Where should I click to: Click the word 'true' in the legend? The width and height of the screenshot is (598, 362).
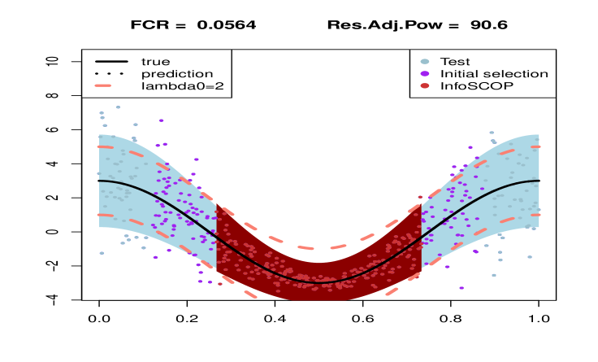pos(155,61)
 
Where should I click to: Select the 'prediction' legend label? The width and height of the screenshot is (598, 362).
pos(176,73)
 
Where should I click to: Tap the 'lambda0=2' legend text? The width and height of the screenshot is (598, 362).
pos(177,85)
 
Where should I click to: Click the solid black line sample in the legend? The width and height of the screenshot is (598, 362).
pos(111,61)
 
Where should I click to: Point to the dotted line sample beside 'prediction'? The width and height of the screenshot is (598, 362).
pos(111,73)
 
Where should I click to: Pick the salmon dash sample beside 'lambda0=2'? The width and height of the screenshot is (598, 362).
pos(111,85)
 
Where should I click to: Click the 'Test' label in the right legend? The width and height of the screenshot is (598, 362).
pos(454,61)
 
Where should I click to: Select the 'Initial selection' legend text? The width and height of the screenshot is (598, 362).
pos(493,73)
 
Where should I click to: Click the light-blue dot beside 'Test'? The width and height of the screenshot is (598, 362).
pos(424,61)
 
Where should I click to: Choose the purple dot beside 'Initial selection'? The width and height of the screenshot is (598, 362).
pos(424,73)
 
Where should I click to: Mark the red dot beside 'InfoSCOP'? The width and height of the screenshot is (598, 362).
pos(424,85)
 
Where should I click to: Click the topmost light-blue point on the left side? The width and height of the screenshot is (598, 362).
pos(118,107)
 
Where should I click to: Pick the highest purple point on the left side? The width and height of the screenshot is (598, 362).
pos(161,120)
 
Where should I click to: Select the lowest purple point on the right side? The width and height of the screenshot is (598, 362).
pos(461,287)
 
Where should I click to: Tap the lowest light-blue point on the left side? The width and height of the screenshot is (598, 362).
pos(102,253)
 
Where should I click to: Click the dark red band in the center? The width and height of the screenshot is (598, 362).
pos(317,290)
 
